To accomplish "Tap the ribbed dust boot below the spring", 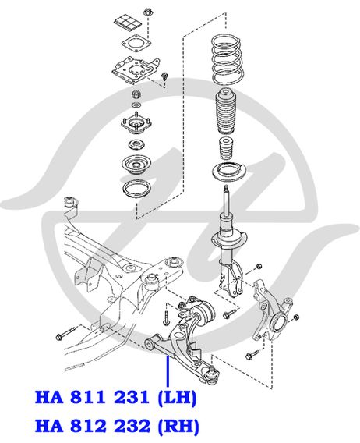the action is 226,112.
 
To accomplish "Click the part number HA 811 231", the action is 92,397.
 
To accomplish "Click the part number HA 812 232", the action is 92,426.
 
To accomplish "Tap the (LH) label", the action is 177,398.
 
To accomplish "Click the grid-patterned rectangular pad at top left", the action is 127,23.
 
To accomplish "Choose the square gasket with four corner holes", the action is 136,44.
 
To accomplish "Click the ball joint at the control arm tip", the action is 211,375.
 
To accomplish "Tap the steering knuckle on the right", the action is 271,310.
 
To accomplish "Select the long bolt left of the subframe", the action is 66,333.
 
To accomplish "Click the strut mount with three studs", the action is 136,123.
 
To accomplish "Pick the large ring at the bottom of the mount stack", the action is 136,190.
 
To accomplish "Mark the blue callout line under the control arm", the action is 168,371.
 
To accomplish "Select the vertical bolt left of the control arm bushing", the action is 166,318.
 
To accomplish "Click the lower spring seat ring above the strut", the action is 229,172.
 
